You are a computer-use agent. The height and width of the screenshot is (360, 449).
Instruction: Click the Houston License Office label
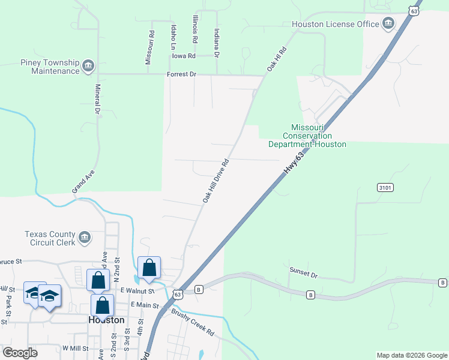coord(335,24)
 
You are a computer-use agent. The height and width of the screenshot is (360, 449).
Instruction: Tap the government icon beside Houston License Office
coord(388,24)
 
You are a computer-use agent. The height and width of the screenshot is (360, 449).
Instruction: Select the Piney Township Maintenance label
coord(49,66)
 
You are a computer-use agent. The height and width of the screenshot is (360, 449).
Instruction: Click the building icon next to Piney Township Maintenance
coord(88,65)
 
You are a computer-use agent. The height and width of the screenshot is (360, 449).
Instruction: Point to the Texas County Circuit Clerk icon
coord(85,238)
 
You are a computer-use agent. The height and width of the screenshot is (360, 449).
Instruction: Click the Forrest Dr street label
coord(181,75)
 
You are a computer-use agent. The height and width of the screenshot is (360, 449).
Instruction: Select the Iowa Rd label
coord(184,56)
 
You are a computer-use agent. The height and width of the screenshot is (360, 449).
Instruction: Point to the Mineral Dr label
coord(97,99)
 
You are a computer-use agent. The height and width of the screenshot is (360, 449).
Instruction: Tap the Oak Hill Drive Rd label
coord(216,181)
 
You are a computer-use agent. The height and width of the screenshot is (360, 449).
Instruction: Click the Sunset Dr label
coord(303,272)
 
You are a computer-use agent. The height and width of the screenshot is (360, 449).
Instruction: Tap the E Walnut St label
coord(137,291)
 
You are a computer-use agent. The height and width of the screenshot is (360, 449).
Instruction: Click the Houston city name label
coord(106,320)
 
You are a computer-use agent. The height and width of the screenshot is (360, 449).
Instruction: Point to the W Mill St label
coord(75,348)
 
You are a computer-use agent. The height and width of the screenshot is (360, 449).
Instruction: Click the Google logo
coord(20,353)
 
